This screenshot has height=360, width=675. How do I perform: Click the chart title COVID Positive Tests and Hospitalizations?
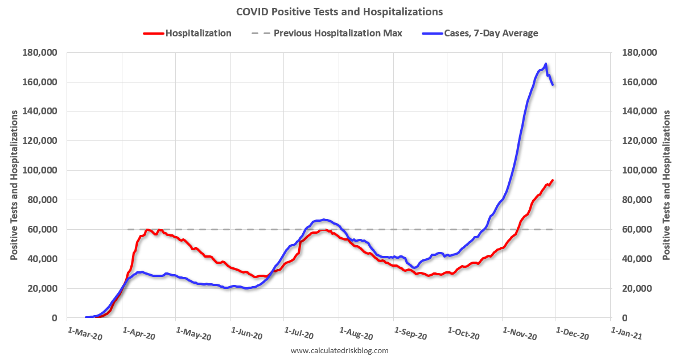(339, 11)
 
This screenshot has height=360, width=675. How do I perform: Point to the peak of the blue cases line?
(545, 64)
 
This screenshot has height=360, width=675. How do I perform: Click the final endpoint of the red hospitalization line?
(553, 180)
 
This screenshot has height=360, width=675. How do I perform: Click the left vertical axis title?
(14, 185)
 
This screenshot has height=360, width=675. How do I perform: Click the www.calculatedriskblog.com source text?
(339, 351)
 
